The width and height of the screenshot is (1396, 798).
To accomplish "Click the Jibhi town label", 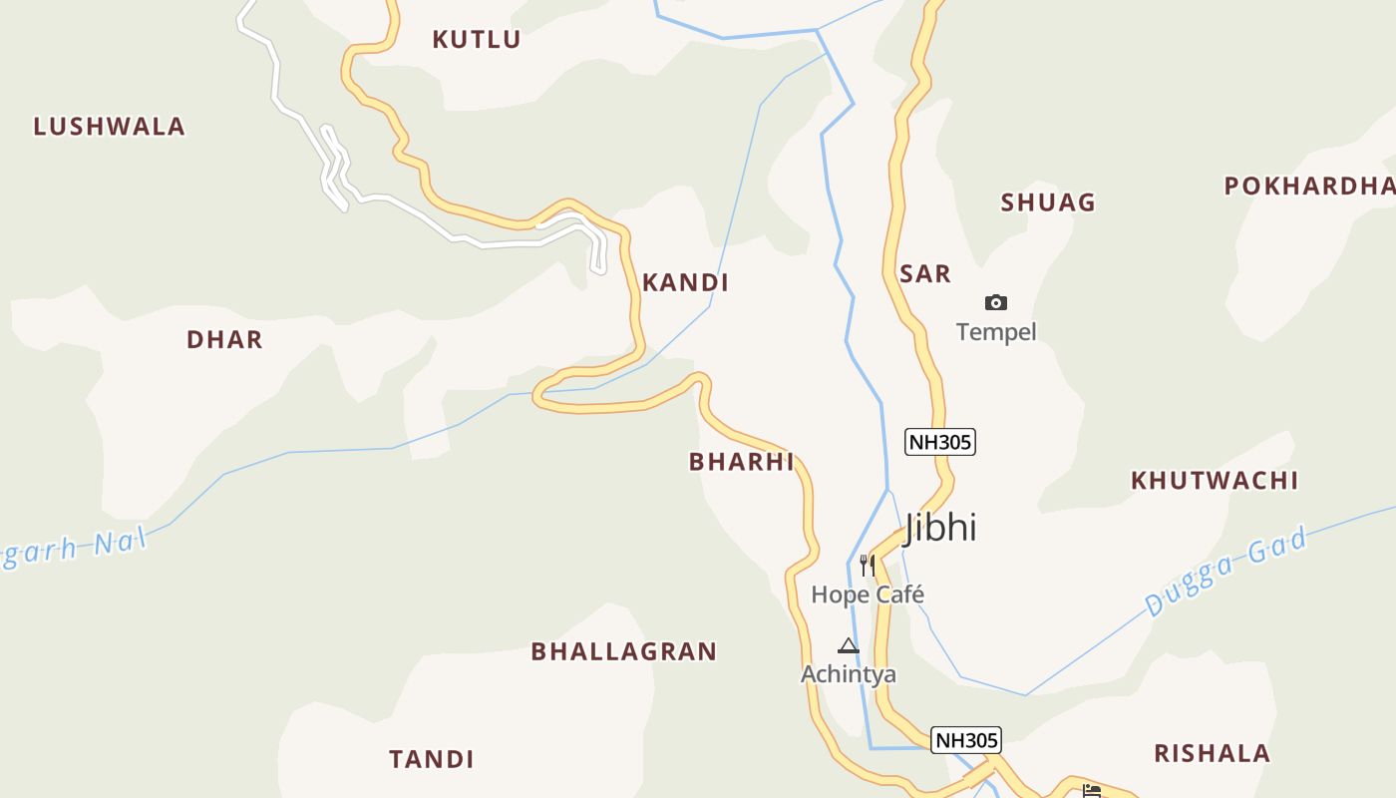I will [939, 528].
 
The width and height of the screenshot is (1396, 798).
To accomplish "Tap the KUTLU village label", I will [477, 40].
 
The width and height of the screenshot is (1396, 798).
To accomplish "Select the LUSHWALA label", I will [110, 127].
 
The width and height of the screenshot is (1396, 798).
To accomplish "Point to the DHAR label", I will [224, 339].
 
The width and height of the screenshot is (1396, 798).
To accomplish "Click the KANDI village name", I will [685, 283].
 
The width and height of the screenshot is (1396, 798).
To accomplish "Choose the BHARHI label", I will [741, 462].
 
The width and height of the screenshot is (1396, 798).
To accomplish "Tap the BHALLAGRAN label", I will [623, 651].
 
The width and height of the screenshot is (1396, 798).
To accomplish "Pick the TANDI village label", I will [431, 759].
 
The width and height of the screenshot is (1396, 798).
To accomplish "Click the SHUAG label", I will [1048, 202].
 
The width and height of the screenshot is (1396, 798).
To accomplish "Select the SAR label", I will [925, 274].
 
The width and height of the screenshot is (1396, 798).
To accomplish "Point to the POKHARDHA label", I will [1308, 187].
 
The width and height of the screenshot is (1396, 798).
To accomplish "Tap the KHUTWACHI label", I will [1214, 481].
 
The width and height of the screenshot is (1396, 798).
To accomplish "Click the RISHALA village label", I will [1212, 753].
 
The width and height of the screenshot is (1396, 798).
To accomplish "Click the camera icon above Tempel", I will [995, 303].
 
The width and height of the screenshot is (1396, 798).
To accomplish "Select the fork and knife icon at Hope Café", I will [868, 566].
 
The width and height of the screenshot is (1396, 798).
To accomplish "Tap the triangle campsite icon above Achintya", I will [848, 645].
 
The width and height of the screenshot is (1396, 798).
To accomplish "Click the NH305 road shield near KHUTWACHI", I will [939, 442].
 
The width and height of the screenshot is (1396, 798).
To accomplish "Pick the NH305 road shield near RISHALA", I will [965, 740].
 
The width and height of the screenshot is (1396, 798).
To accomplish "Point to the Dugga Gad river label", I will [1225, 573].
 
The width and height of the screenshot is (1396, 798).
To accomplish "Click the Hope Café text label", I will [868, 595].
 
